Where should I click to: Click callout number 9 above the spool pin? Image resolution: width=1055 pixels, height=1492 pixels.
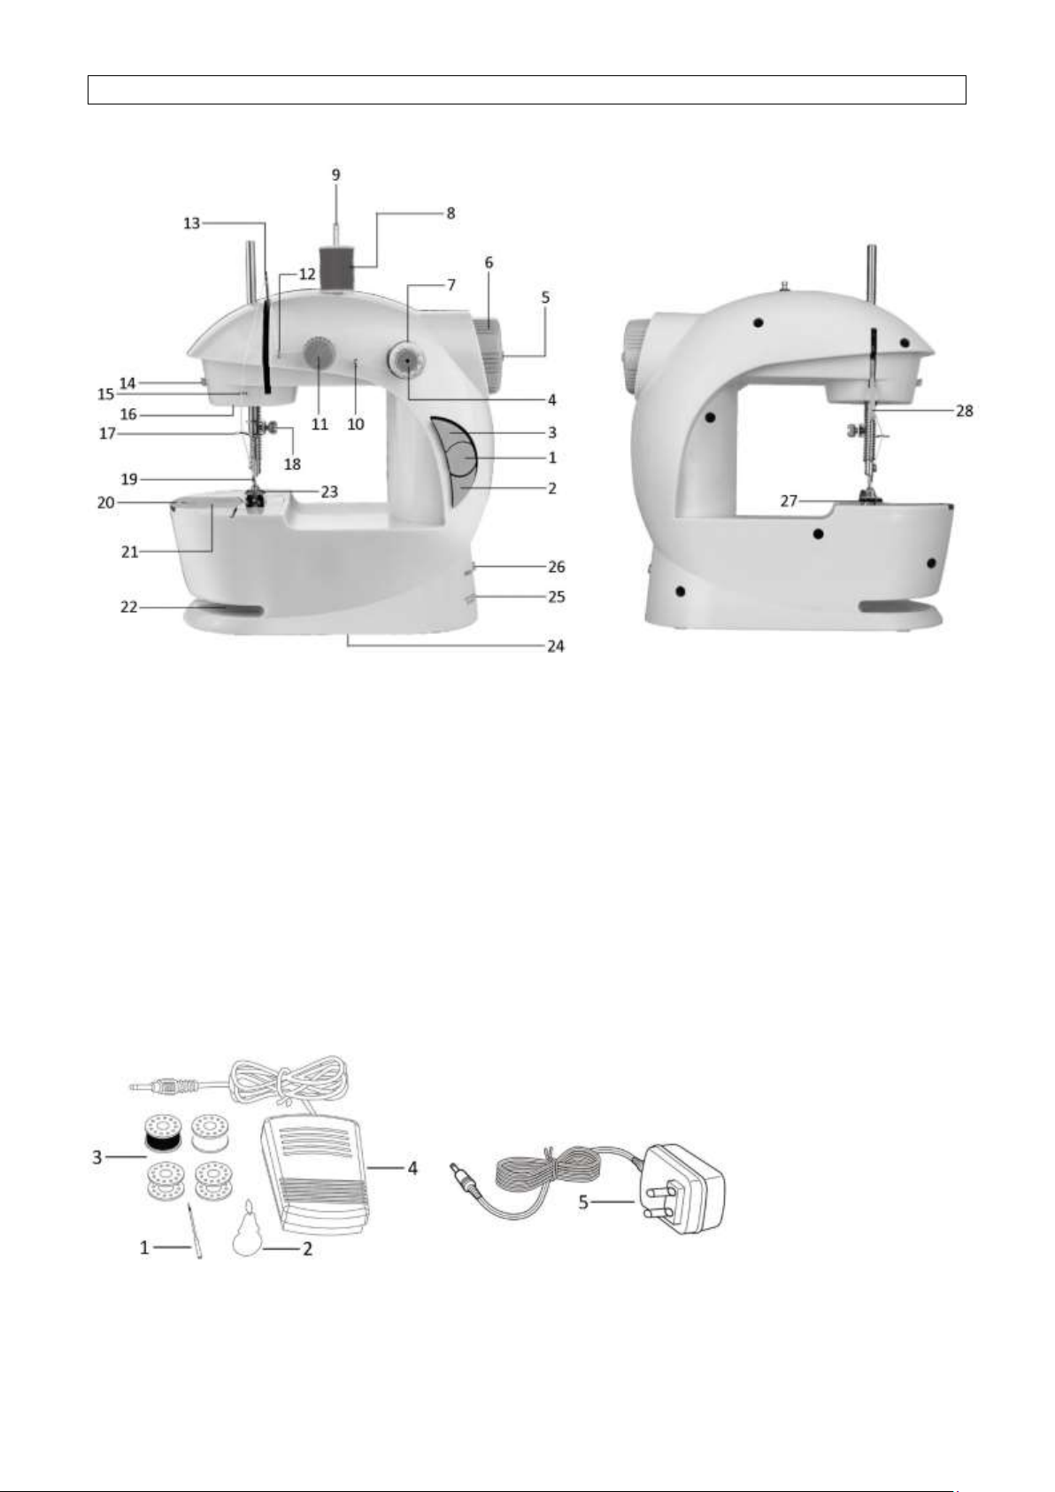point(336,174)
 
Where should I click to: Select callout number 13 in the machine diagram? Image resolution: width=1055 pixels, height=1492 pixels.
point(192,223)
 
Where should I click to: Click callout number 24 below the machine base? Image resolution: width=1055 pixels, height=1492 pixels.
point(556,646)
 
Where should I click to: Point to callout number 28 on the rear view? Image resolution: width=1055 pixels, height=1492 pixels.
point(965,411)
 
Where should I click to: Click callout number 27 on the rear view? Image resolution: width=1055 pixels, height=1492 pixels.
point(789,501)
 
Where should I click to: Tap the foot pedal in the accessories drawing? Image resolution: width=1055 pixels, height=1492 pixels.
point(318,1174)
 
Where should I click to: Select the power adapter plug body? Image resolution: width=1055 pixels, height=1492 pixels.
point(683,1189)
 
